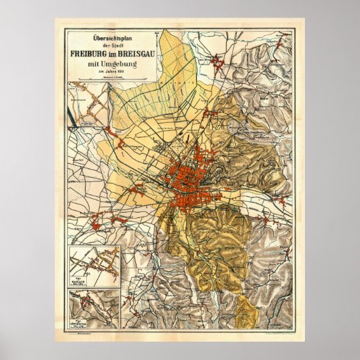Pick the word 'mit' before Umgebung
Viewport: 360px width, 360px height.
[x=92, y=65]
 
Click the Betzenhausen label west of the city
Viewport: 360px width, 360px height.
[x=133, y=146]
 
